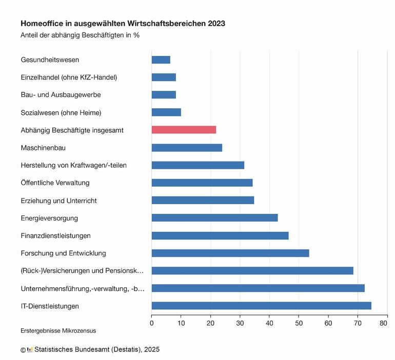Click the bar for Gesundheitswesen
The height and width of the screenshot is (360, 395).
pos(161,59)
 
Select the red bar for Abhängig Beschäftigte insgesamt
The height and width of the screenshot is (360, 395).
pos(184,130)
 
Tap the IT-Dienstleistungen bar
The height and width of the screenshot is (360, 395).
pos(261,306)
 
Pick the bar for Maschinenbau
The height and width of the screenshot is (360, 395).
pos(187,148)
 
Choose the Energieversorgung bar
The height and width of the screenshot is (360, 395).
pos(214,218)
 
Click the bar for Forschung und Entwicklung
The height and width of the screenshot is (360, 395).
pos(230,253)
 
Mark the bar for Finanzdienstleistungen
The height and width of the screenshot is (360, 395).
pos(220,235)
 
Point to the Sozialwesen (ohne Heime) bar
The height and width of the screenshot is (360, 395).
pos(166,112)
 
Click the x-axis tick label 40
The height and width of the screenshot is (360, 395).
pos(269,324)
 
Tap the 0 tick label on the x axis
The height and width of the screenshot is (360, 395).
pos(152,324)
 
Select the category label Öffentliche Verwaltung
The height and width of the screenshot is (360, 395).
pos(55,183)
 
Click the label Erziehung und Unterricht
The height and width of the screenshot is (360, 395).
pos(58,201)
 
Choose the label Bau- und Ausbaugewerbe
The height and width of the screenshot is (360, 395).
pos(61,95)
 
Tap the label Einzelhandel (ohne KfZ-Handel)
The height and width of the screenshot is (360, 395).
pos(69,77)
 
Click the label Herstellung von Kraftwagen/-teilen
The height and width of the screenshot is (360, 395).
pos(73,165)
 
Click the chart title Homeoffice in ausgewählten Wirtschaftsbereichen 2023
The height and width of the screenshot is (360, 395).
pos(123,24)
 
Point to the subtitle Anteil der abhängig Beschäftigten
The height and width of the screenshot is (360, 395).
pos(80,35)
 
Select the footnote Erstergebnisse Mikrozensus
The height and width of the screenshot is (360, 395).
pos(58,331)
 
